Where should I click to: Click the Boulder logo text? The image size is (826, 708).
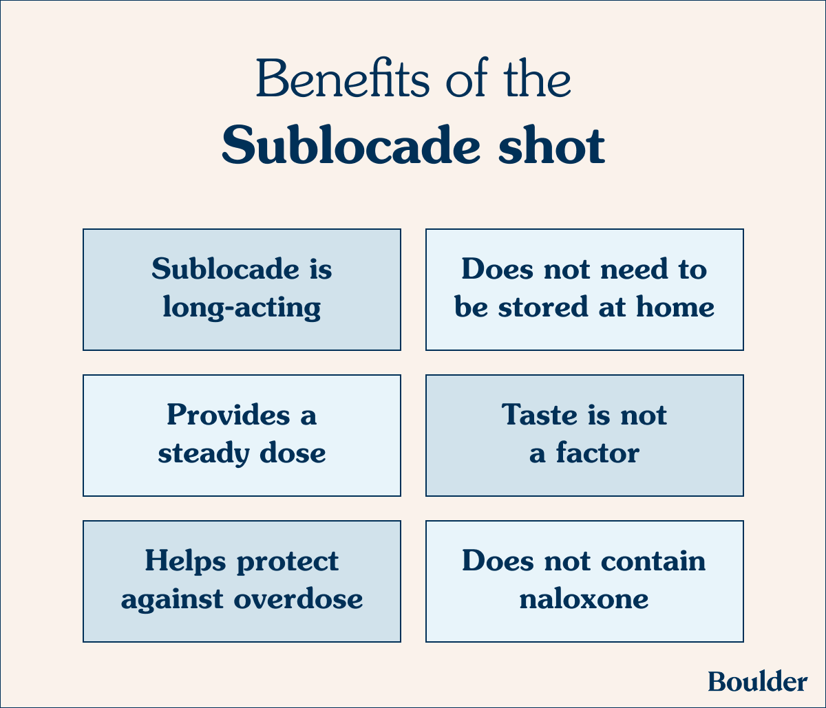pos(757,681)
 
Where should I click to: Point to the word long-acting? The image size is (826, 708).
pos(242,308)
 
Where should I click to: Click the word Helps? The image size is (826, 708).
pos(185,561)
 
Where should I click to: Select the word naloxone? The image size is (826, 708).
pos(584,599)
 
